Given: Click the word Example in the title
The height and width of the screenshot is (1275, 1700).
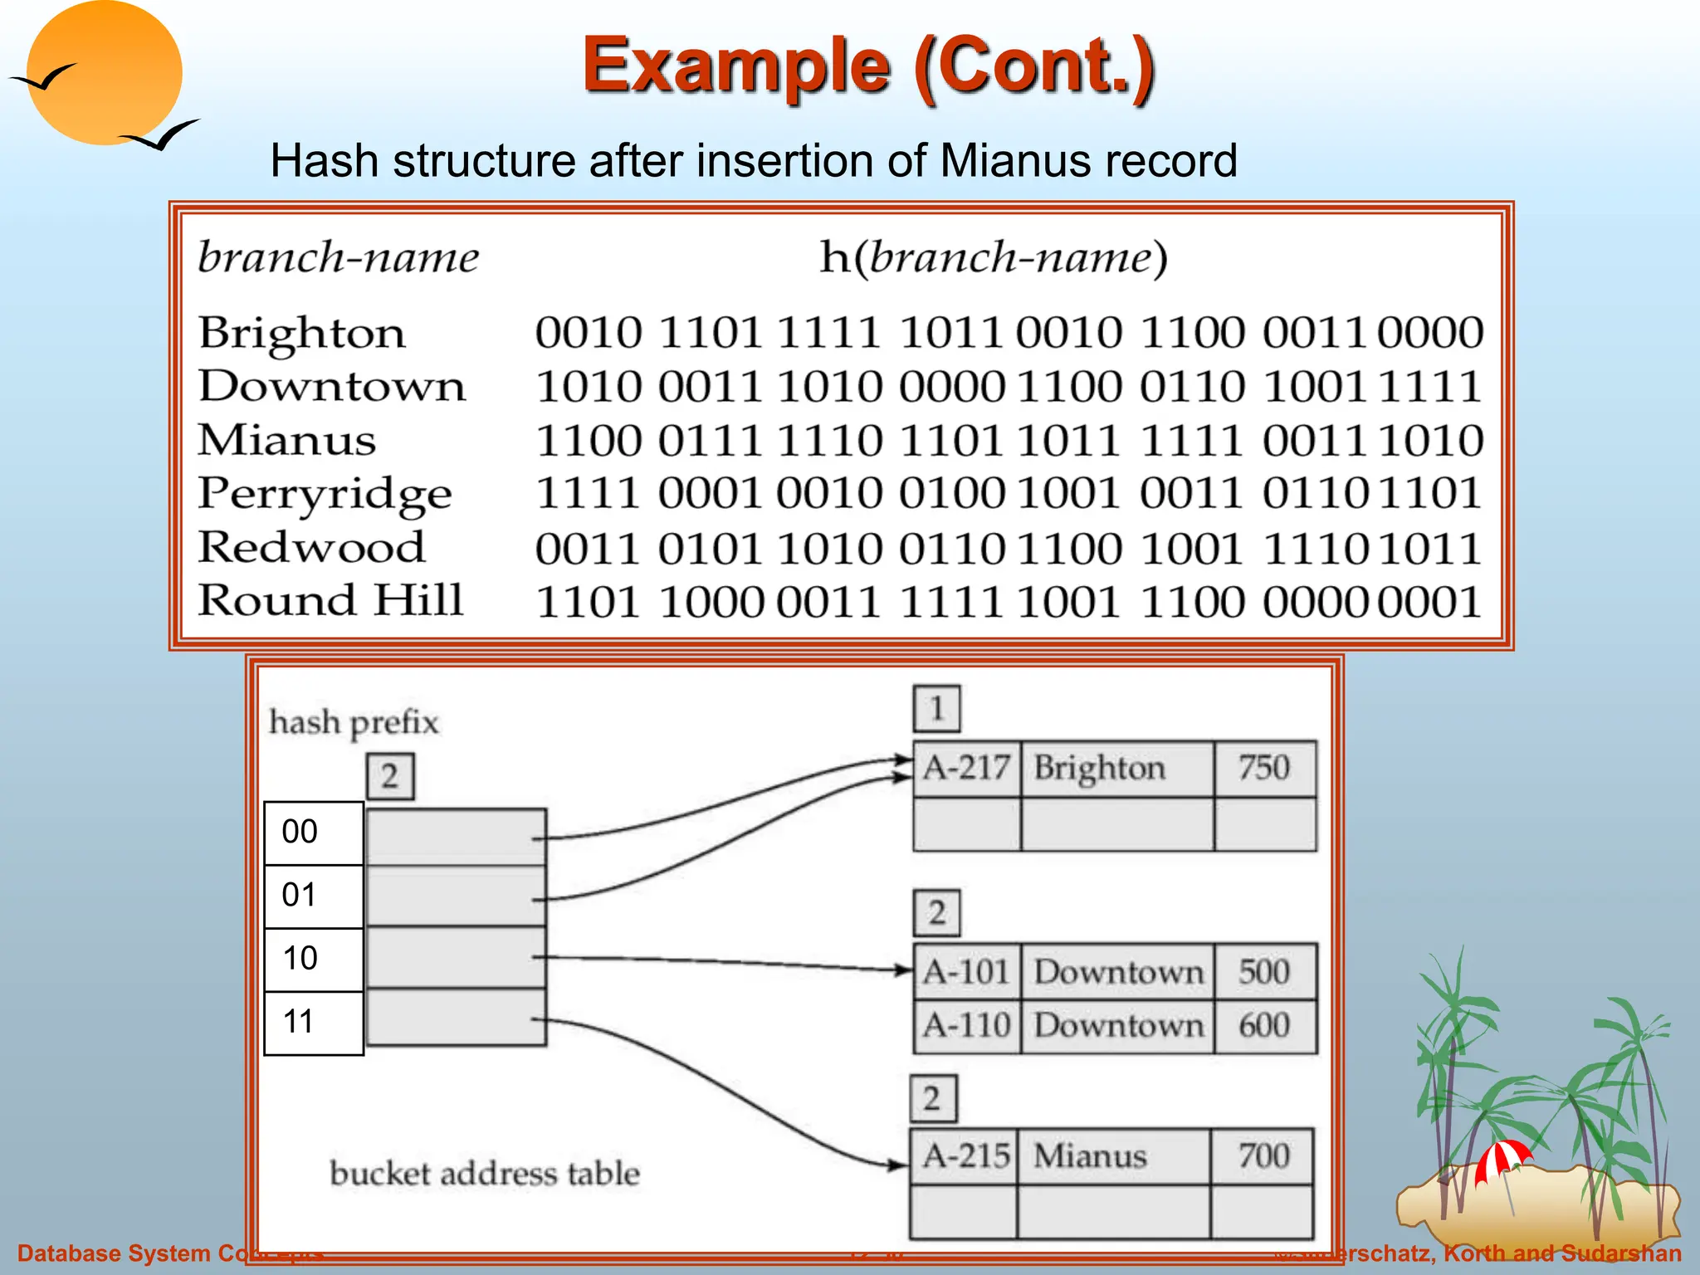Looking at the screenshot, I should pos(735,66).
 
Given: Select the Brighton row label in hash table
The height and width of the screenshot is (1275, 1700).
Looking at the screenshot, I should pos(301,333).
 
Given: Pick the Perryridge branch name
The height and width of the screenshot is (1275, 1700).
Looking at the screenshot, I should pos(325,495).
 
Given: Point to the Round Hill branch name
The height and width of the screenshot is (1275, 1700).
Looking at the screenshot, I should pos(330,601).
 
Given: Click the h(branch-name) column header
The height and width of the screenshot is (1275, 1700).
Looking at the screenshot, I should pos(994,257).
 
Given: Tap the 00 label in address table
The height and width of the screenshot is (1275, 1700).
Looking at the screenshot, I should pos(300,833).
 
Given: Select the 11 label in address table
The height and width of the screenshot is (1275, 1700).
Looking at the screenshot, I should pos(299,1022).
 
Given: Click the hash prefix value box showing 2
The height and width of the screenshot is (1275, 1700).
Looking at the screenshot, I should pos(390,777).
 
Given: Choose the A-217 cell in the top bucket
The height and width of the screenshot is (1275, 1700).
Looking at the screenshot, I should pos(966,769).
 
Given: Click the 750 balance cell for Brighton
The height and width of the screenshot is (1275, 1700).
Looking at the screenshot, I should pos(1263,769).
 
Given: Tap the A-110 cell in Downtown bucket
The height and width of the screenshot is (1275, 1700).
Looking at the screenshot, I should pos(966,1026).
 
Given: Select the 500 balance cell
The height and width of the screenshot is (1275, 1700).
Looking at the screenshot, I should pos(1263,972).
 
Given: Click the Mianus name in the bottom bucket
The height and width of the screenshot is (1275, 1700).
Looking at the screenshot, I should pos(1090,1156).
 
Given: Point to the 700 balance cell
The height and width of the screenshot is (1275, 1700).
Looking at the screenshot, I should pos(1263,1156).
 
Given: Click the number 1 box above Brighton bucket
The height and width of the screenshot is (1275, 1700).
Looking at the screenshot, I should pos(936,708).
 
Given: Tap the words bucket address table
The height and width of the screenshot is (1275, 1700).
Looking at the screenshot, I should pos(485,1174).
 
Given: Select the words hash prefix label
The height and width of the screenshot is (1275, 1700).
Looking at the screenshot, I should pos(354,722).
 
